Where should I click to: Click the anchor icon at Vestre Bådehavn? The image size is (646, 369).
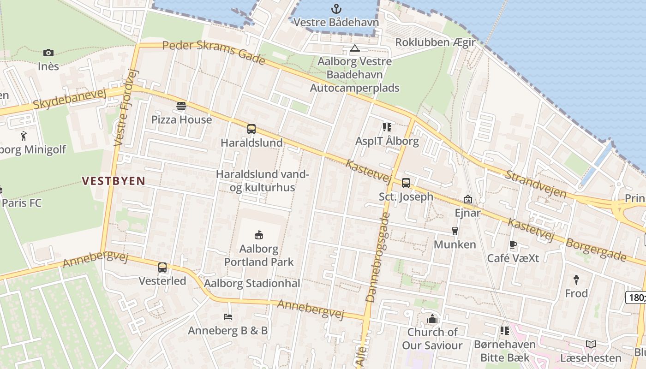(336, 8)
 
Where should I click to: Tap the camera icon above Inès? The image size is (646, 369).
(48, 53)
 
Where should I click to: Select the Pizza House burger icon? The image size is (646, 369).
(181, 106)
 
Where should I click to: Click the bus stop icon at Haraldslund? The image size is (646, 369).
(251, 129)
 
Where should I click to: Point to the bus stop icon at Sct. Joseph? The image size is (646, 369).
(406, 183)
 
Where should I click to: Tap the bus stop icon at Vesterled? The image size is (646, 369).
(162, 268)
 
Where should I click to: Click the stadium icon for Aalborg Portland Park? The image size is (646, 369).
(259, 235)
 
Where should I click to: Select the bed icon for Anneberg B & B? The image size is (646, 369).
(227, 317)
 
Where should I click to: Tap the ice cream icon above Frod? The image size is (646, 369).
(576, 279)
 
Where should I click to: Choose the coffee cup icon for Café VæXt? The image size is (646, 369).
(513, 244)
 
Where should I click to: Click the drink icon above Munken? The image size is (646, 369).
(455, 231)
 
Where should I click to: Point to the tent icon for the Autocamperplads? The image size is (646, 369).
(354, 48)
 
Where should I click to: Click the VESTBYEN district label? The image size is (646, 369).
(114, 181)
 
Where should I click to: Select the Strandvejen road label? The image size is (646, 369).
(536, 184)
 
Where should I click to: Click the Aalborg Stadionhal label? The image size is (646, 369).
(252, 283)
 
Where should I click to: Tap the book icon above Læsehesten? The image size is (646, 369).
(591, 344)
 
